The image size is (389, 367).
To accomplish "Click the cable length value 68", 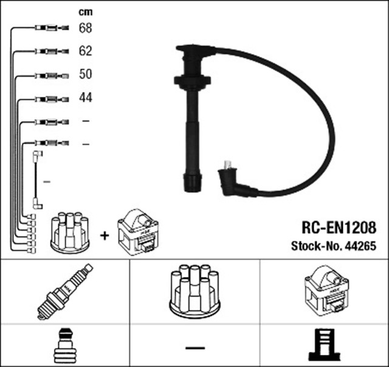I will pyautogui.click(x=85, y=28).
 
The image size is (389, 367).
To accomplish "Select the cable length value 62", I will pyautogui.click(x=85, y=51).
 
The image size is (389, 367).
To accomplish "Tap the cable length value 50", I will pyautogui.click(x=85, y=74).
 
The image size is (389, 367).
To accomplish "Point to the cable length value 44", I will pyautogui.click(x=85, y=97).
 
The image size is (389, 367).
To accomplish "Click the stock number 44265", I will pyautogui.click(x=360, y=246).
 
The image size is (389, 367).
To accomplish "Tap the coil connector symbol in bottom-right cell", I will pyautogui.click(x=324, y=345).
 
